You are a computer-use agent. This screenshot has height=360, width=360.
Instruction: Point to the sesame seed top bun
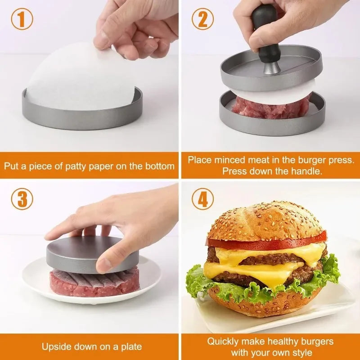[x=265, y=220]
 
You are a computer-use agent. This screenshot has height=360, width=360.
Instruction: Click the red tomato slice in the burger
[x=270, y=243]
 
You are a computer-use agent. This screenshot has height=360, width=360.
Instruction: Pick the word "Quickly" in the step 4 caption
[x=223, y=342]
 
